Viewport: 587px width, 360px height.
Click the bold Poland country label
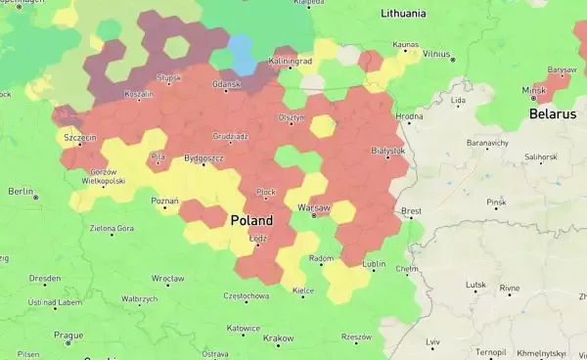tap(251, 221)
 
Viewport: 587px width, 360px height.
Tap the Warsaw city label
tap(314, 207)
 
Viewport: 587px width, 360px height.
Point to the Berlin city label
tap(21, 191)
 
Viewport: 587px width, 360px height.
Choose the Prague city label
tap(68, 335)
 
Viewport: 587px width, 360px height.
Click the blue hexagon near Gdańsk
tap(242, 54)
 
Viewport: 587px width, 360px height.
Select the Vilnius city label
tap(436, 53)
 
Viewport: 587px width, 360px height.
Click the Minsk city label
tap(534, 90)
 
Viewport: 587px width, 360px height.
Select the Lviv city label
tap(433, 341)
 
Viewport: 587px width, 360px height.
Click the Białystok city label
tap(388, 151)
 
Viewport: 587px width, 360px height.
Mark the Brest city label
tap(411, 210)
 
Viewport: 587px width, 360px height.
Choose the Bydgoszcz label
tap(203, 157)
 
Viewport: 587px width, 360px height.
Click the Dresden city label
tap(45, 278)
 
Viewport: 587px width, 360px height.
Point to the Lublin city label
tap(374, 264)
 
